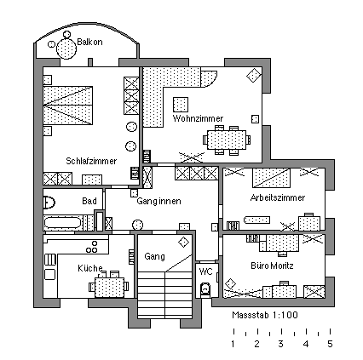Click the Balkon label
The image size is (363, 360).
coord(89,43)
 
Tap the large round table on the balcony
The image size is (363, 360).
coord(66,49)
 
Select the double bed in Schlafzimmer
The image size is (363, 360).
coord(68,106)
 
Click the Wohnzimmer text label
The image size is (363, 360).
coord(198,118)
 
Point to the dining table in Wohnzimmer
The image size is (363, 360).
coord(227,140)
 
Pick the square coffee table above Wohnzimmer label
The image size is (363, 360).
coord(181,105)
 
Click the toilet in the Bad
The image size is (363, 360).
coord(49,203)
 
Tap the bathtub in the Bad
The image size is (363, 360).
coord(63,223)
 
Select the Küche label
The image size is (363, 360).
coord(90,268)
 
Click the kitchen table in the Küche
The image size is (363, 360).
coord(109,287)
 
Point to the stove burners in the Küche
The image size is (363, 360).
coord(92,247)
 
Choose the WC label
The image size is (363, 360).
coord(206,271)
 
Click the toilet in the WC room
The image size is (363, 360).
coord(205,289)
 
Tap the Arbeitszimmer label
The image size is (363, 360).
coord(278,197)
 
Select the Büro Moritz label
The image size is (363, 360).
coord(272,266)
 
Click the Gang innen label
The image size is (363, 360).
coord(158,201)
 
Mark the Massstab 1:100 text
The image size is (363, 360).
coord(265,315)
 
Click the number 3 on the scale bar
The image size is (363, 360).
coord(280,344)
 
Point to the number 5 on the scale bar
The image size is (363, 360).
coord(330,344)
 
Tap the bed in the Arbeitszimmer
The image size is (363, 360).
coord(271,178)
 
